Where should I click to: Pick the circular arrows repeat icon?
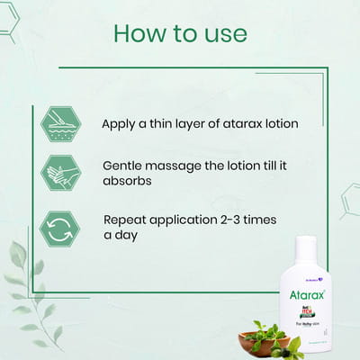(60, 228)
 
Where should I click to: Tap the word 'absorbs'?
(128, 182)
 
